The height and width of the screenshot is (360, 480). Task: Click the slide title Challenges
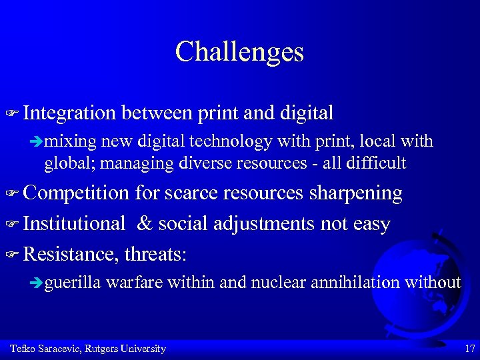(x=239, y=51)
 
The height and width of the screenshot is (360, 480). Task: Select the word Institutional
(x=73, y=223)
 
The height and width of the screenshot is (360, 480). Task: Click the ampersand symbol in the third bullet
(x=145, y=223)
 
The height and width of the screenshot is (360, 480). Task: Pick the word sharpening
(x=355, y=193)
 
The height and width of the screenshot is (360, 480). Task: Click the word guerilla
(x=72, y=283)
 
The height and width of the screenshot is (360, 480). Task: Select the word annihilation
(x=358, y=283)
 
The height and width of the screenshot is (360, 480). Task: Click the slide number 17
(x=469, y=349)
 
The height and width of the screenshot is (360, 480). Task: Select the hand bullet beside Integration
(x=11, y=114)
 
